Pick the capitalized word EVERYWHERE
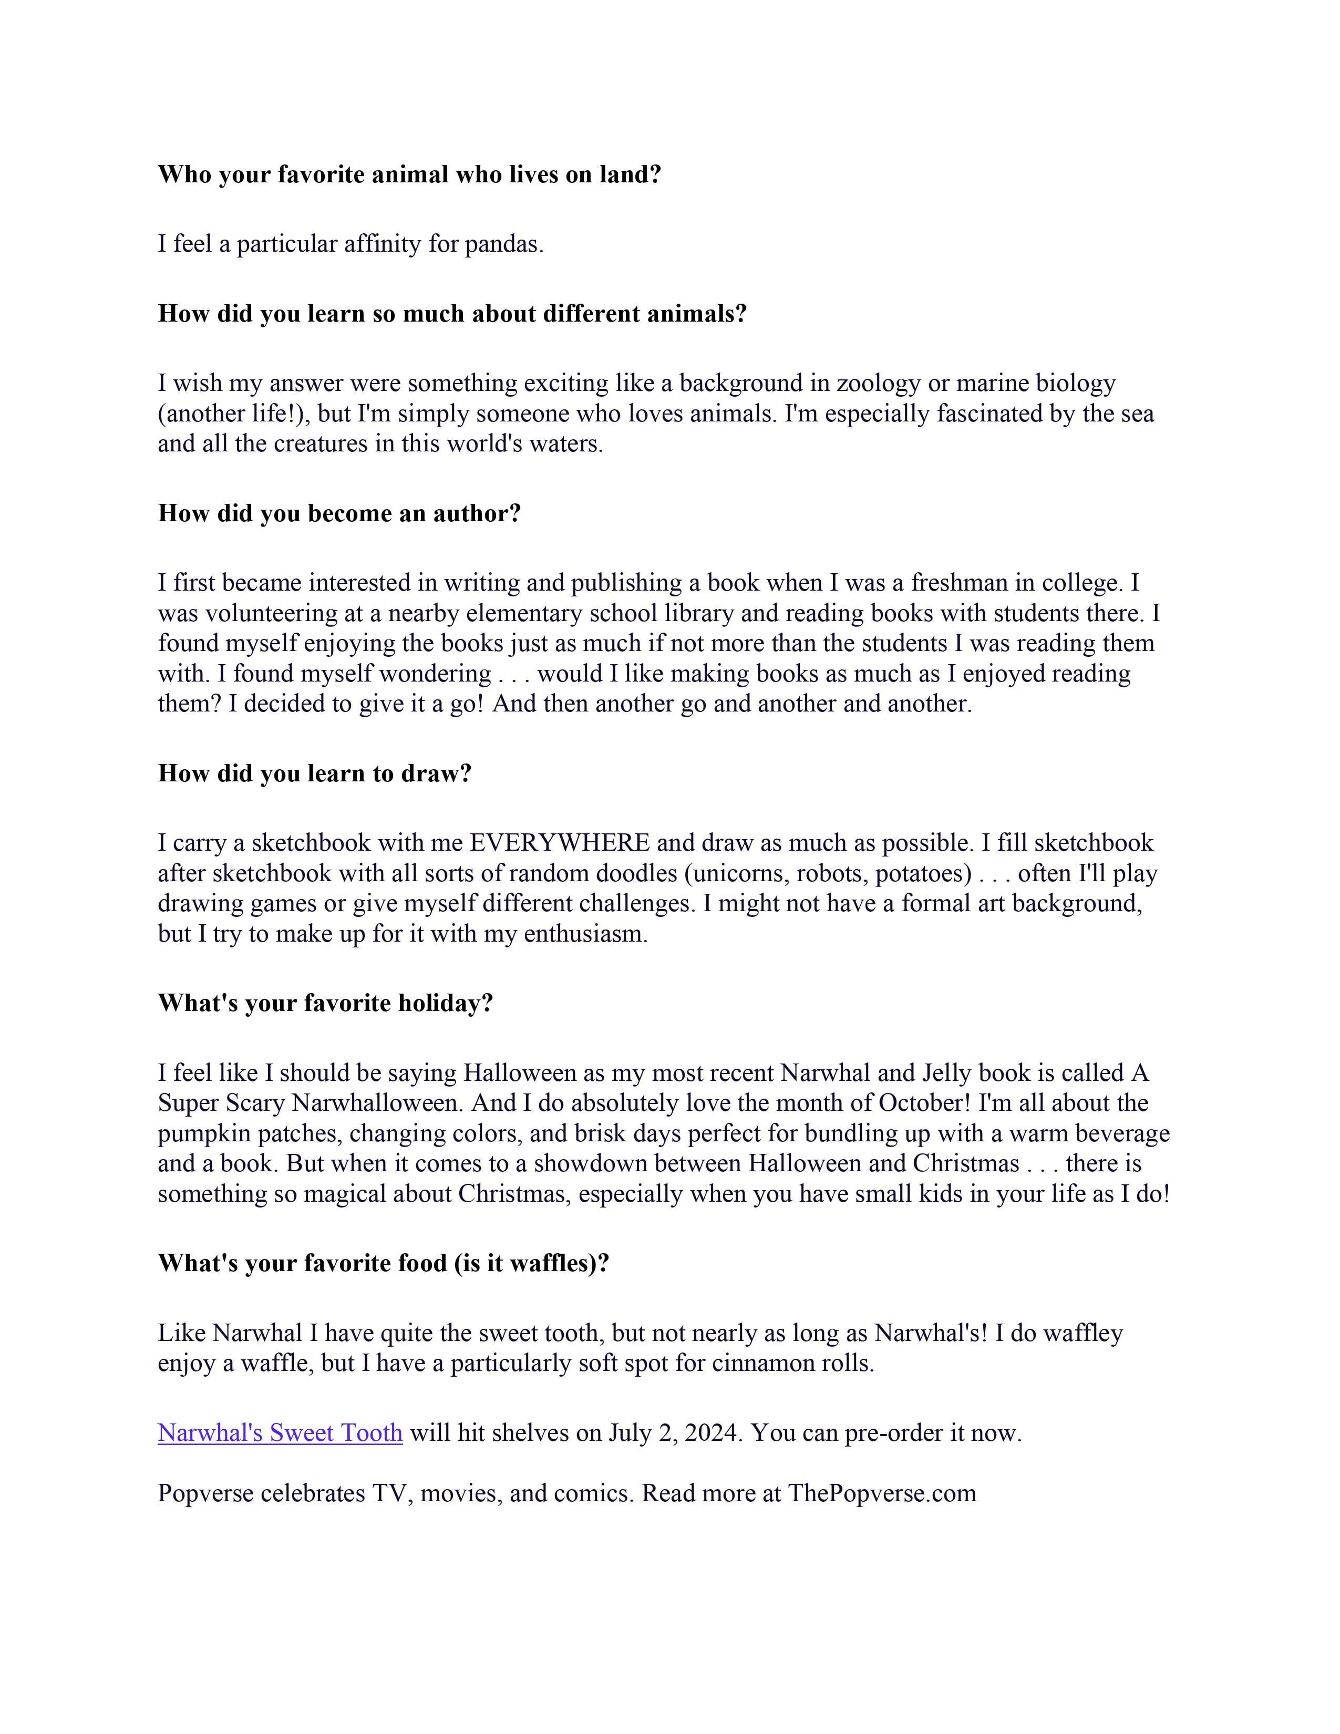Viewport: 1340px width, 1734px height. click(x=560, y=843)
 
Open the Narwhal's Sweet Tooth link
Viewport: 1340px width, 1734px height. click(x=280, y=1433)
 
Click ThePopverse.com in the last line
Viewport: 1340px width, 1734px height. click(x=881, y=1493)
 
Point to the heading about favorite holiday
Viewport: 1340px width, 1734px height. click(x=325, y=1004)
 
